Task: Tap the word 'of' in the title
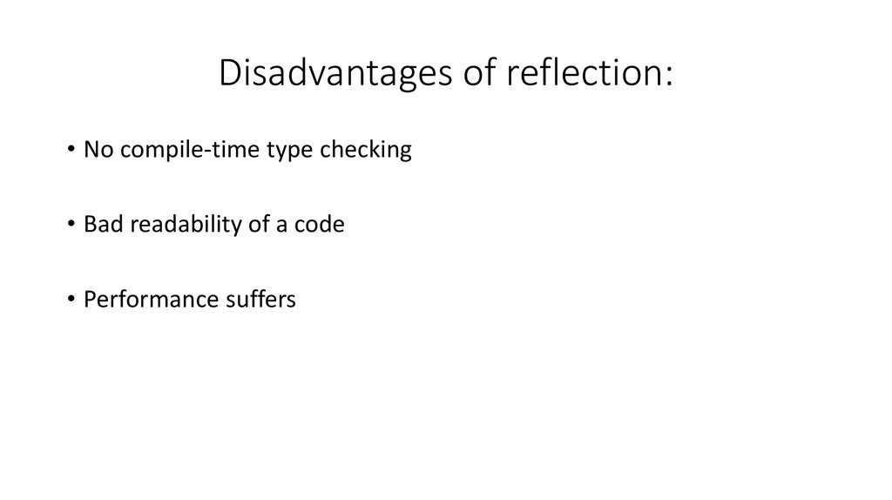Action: (470, 74)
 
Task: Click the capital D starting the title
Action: (229, 74)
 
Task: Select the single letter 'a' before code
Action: (270, 226)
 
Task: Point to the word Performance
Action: (144, 300)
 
